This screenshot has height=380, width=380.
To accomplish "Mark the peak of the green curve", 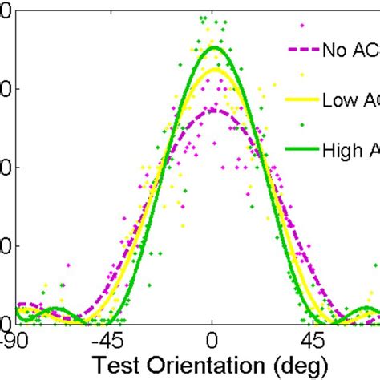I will point(213,47).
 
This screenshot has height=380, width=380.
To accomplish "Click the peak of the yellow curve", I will point(213,69).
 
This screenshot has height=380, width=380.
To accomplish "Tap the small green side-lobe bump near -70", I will point(56,309).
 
